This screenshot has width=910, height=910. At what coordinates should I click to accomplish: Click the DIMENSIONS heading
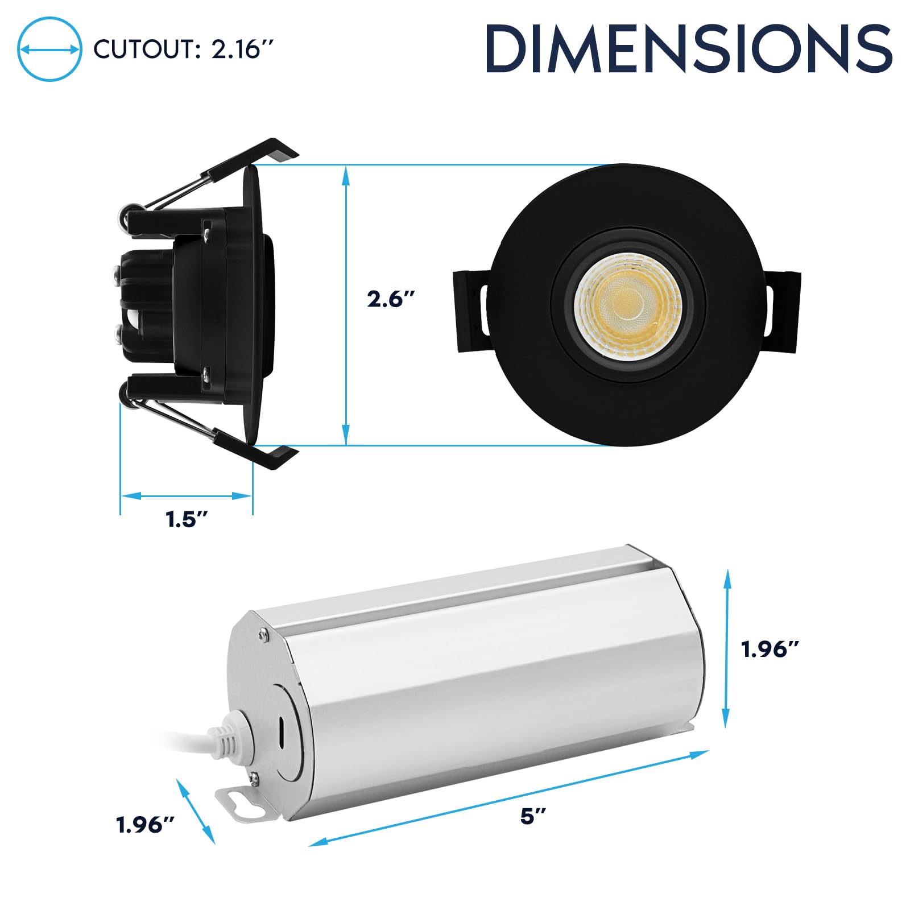point(689,49)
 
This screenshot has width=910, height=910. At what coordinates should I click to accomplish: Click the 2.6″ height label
point(390,299)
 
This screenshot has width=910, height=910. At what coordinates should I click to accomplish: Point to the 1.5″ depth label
point(186,519)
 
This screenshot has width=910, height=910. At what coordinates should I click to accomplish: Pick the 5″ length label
point(533,816)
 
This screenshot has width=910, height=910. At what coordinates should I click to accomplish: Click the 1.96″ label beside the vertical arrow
point(770,649)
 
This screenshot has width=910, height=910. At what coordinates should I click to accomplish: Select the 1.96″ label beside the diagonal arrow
point(145,824)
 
